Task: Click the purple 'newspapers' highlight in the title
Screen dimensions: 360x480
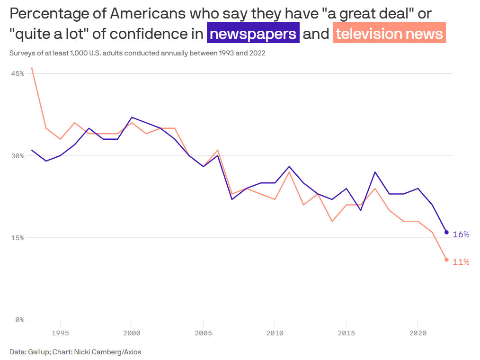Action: pyautogui.click(x=253, y=34)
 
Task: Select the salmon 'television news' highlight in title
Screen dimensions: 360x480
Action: pyautogui.click(x=389, y=34)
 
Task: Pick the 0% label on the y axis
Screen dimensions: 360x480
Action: pyautogui.click(x=20, y=320)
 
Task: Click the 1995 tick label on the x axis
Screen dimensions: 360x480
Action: pyautogui.click(x=60, y=333)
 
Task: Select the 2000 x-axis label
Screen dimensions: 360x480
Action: pyautogui.click(x=132, y=333)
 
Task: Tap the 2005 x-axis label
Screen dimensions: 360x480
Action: pyautogui.click(x=203, y=333)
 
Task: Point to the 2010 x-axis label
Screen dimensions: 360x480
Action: pyautogui.click(x=275, y=333)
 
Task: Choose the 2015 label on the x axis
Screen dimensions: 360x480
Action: pyautogui.click(x=346, y=333)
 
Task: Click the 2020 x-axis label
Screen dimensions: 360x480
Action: pyautogui.click(x=418, y=333)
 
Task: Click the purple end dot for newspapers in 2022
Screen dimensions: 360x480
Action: pyautogui.click(x=446, y=232)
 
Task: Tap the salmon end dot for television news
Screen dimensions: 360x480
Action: pyautogui.click(x=446, y=260)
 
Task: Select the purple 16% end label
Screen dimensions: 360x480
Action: pyautogui.click(x=461, y=234)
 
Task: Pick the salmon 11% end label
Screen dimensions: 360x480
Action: pyautogui.click(x=461, y=262)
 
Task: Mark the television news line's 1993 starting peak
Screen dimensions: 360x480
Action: pyautogui.click(x=32, y=68)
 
